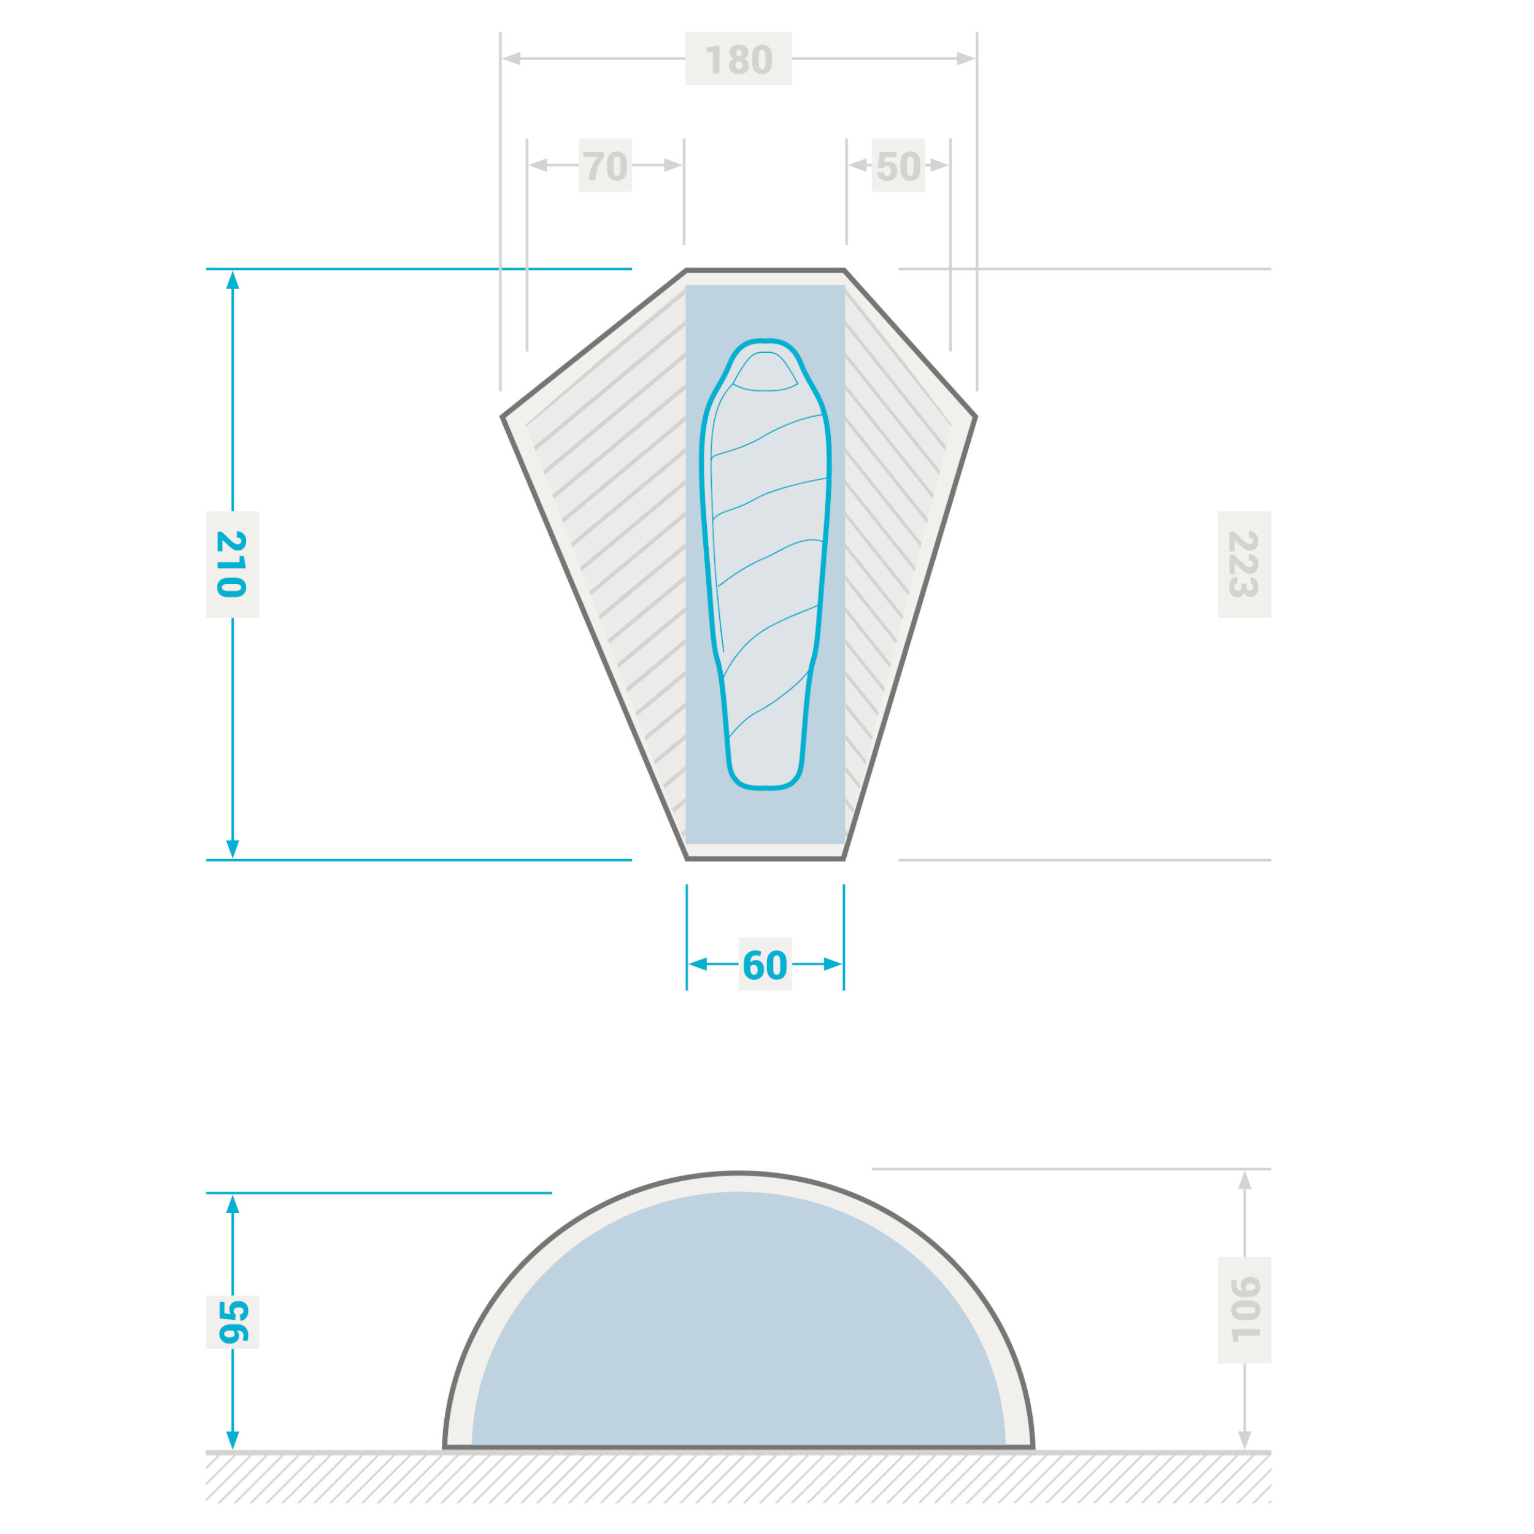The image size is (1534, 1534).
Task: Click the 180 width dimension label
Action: click(738, 59)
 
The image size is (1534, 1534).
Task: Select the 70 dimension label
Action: click(605, 165)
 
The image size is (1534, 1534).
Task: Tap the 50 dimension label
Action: click(898, 165)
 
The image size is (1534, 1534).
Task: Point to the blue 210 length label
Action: click(232, 565)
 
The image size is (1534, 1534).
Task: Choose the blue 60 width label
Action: click(765, 964)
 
